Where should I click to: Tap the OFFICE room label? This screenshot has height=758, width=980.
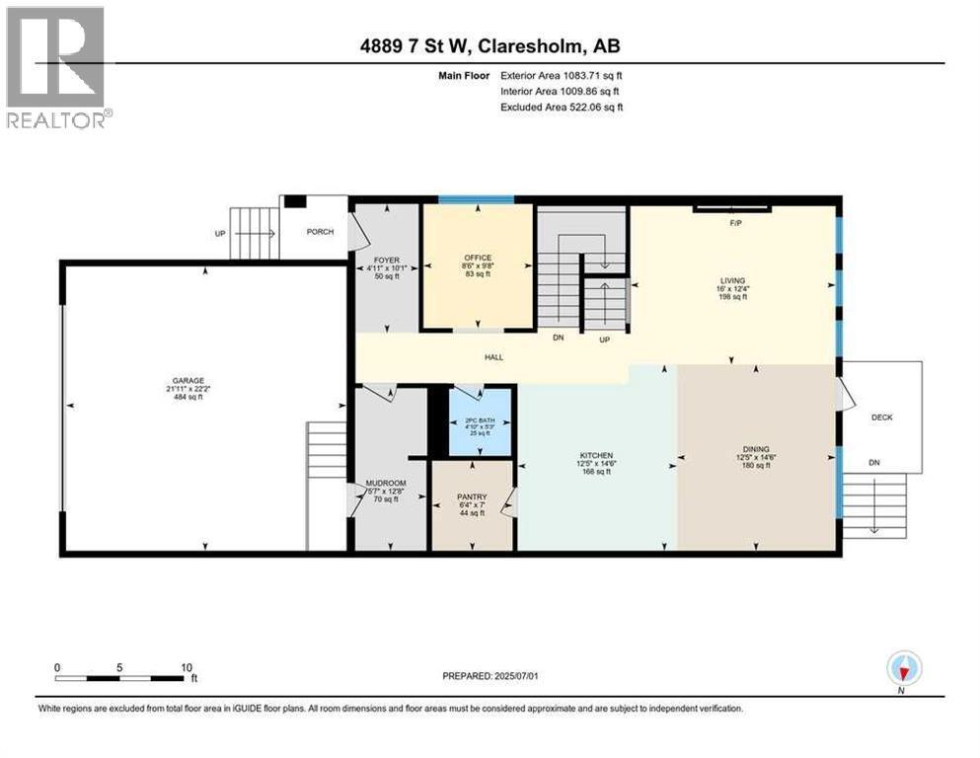478,260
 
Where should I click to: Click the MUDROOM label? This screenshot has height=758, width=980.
386,484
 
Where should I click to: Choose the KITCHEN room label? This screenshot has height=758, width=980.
596,455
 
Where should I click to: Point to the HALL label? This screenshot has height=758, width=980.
493,356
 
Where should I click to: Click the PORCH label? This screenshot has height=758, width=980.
320,232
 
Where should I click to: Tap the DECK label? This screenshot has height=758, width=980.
881,417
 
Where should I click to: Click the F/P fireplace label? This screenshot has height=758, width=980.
734,223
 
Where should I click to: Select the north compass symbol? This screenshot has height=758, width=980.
903,670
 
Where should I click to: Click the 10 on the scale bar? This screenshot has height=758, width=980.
186,666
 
